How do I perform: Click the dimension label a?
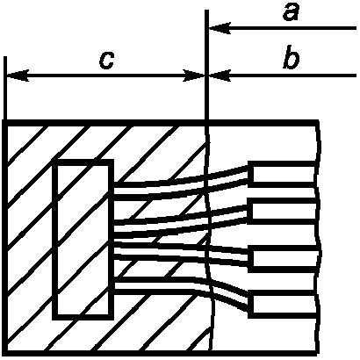[x=291, y=13]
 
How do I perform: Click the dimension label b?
[x=292, y=57]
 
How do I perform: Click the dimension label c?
[x=106, y=61]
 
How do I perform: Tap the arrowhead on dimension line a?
[x=220, y=28]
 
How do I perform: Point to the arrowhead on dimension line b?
[x=220, y=76]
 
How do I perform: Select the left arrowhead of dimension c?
[x=18, y=76]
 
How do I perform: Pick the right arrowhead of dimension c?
[x=194, y=76]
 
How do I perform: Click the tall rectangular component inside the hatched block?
[x=83, y=240]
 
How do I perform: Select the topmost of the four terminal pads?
[x=283, y=174]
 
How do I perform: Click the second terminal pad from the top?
[x=283, y=211]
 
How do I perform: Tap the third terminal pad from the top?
[x=284, y=259]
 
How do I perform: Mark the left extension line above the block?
[x=5, y=88]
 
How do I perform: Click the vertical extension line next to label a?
[x=206, y=65]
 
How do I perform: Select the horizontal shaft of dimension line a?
[x=283, y=28]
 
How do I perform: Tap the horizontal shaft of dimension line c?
[x=105, y=76]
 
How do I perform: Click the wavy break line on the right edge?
[x=319, y=237]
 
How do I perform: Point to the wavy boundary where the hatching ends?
[x=210, y=236]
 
